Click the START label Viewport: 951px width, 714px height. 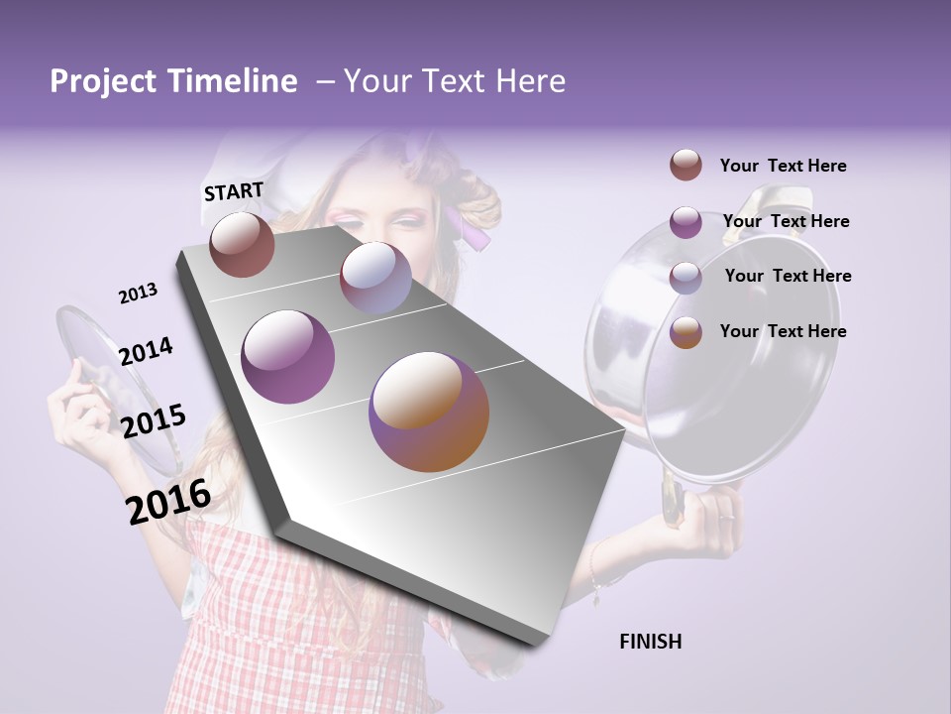click(x=234, y=191)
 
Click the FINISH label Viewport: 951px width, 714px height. click(x=651, y=642)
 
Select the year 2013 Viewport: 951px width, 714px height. click(x=138, y=294)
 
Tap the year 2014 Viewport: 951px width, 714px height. click(x=146, y=352)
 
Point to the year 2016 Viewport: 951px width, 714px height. click(x=168, y=502)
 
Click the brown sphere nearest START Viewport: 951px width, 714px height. click(x=242, y=244)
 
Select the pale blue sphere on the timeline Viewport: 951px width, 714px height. click(x=375, y=278)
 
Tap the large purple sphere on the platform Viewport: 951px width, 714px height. click(x=288, y=357)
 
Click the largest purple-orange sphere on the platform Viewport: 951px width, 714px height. click(x=429, y=412)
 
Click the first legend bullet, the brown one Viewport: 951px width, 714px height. click(x=686, y=166)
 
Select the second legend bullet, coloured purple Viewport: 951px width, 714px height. click(x=686, y=221)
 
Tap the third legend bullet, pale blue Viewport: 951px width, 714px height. click(x=686, y=277)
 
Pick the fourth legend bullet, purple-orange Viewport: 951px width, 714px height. click(x=686, y=331)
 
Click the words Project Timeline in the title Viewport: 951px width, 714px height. click(x=173, y=81)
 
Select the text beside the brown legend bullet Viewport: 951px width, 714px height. click(x=783, y=166)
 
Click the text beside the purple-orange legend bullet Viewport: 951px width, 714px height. click(x=783, y=331)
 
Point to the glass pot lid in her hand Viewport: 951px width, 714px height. click(x=114, y=387)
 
